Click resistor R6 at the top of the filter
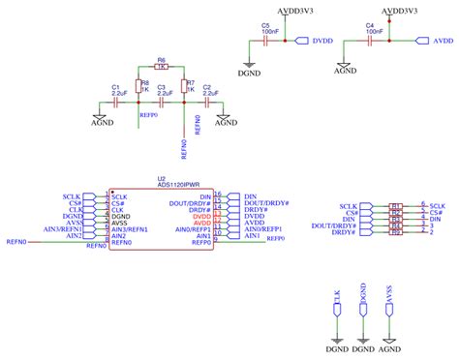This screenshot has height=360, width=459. (162, 67)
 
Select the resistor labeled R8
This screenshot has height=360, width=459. (138, 85)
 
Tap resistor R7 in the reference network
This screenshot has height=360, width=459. (184, 85)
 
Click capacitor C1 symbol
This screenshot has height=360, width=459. (117, 101)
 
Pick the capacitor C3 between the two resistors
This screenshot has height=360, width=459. (162, 101)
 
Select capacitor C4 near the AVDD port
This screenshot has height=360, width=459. (369, 43)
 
